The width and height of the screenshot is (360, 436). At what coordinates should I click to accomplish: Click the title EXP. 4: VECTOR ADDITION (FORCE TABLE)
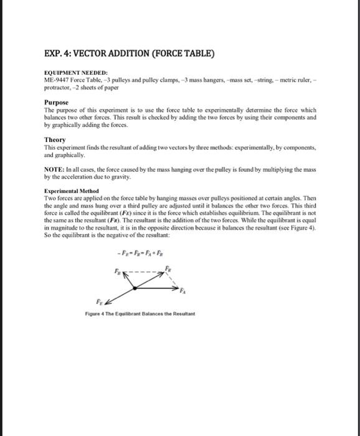(x=130, y=53)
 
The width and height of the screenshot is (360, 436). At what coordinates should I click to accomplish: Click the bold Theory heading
(x=55, y=140)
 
